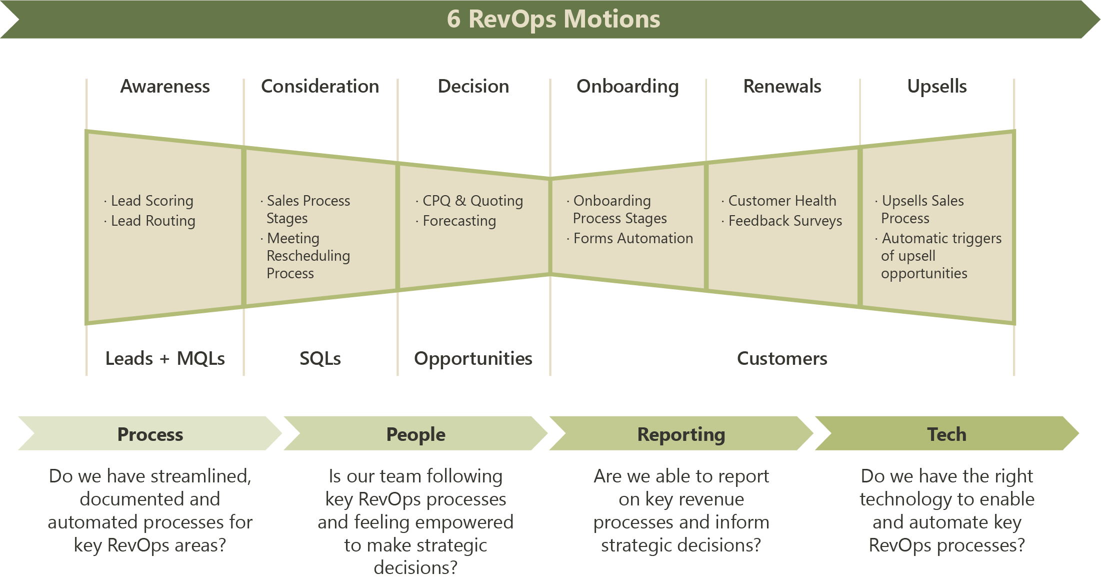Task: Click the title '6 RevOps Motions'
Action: coord(553,19)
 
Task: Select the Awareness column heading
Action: coord(165,86)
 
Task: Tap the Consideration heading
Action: coord(320,86)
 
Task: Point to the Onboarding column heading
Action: coord(627,86)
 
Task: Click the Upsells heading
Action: coord(937,86)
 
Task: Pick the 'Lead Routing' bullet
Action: coord(152,221)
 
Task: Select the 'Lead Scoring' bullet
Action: coord(151,201)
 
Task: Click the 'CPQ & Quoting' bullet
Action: coord(472,201)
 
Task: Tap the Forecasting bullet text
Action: coord(459,221)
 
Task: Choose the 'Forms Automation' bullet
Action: coord(632,238)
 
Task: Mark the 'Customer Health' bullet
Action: coord(781,201)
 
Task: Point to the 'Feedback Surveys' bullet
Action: coord(784,221)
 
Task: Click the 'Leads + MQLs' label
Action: coord(165,358)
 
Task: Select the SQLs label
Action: coord(320,358)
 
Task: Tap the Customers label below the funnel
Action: coord(782,358)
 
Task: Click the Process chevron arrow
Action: coord(150,434)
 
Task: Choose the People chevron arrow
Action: coord(415,434)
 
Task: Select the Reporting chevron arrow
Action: coord(681,434)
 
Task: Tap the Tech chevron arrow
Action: coord(946,434)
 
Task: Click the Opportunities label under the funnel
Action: coord(473,358)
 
